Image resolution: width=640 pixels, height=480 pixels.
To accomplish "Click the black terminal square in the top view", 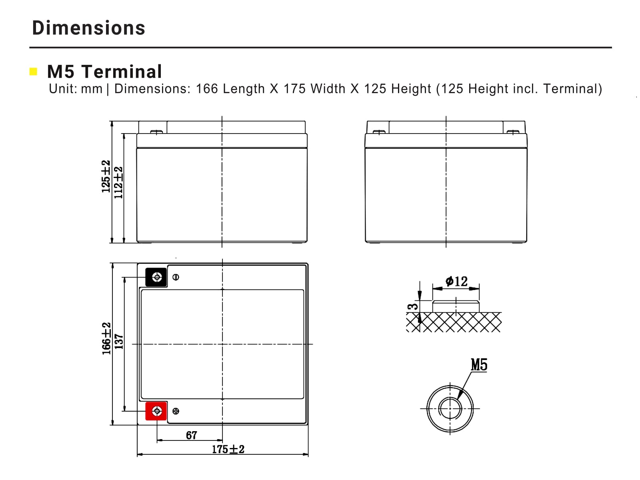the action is pos(156,277).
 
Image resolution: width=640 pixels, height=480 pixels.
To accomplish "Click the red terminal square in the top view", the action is pos(156,411).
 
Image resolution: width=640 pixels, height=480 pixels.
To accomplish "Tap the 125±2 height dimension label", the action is pos(106,176).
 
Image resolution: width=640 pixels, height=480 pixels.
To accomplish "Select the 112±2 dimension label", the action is pos(118,183).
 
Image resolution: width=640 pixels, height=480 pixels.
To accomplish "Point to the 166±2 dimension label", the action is pos(106,338).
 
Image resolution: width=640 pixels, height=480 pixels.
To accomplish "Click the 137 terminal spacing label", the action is pos(119,342).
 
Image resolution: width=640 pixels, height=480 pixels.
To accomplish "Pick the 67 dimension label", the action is pos(192,436).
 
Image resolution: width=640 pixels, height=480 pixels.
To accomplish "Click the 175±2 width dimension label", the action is pos(228,449).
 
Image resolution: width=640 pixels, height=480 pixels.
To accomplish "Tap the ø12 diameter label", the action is pos(457,281).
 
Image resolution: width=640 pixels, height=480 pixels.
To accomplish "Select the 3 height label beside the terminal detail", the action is pos(413,306).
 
